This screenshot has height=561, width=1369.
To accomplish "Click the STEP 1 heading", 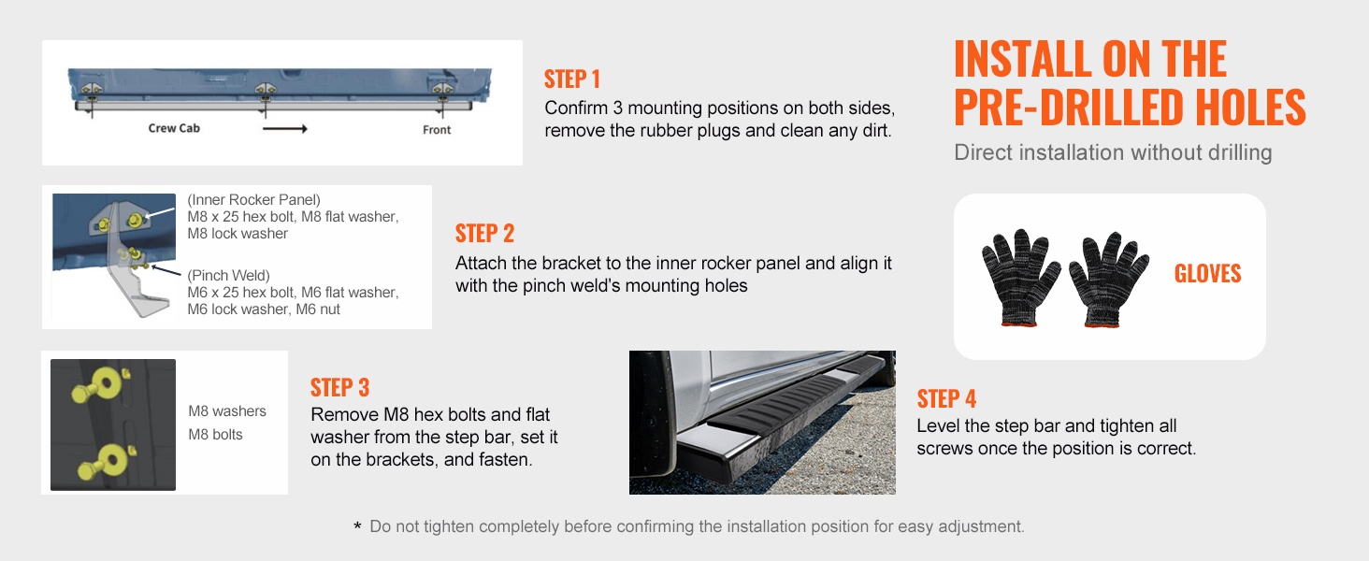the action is [572, 79].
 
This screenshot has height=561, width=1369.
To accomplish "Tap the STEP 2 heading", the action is [484, 234].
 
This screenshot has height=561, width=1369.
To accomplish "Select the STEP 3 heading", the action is [339, 387].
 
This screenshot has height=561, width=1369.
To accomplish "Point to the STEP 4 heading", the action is [946, 399].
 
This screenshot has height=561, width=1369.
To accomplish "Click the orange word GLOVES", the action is [1207, 273].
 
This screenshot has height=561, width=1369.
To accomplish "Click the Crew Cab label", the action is [174, 128].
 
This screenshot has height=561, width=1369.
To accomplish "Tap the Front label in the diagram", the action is [437, 130].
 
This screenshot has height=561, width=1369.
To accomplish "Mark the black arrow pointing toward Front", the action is [285, 128].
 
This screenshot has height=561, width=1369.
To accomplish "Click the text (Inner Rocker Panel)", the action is [253, 200].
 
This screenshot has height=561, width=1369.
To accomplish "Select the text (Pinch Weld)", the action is [228, 276].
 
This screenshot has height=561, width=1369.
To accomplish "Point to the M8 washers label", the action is [227, 411].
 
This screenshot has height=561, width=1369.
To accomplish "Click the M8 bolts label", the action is [215, 435].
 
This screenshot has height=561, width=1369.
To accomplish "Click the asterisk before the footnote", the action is [357, 526].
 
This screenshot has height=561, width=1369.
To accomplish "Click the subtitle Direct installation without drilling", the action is [1113, 152].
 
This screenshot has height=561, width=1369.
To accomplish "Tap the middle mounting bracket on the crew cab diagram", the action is [265, 89].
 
